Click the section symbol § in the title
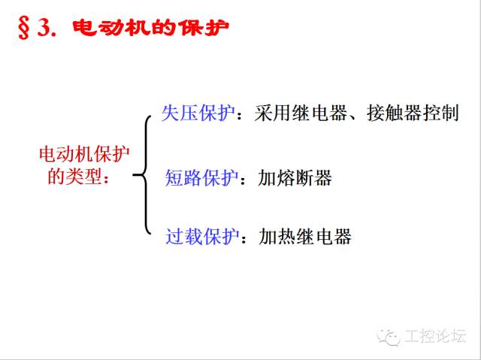(23, 29)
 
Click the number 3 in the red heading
(44, 29)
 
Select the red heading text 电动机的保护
(150, 28)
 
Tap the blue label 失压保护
(198, 113)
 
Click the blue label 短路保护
(201, 177)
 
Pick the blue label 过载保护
(202, 237)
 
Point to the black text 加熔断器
(295, 177)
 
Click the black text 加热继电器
(305, 237)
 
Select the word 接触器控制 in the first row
(413, 113)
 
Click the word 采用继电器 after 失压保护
(301, 113)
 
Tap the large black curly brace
(144, 175)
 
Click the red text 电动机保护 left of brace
(84, 154)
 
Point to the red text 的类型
(74, 177)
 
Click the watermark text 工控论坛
(435, 335)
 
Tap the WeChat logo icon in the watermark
(389, 337)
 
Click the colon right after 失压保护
(240, 116)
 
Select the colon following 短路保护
(243, 180)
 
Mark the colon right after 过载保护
(244, 240)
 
